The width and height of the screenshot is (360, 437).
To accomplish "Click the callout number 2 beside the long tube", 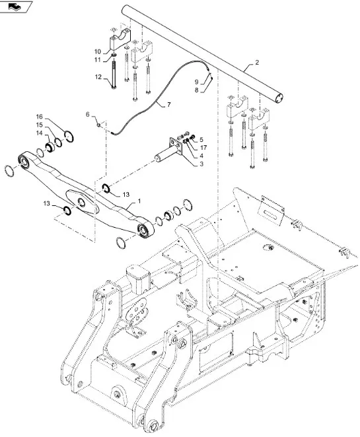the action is click(257, 62).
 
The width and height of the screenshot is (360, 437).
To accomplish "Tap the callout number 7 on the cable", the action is click(168, 105).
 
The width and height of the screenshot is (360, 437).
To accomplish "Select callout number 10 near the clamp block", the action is click(98, 51).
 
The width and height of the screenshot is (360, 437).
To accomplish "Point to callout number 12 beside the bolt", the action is click(98, 77).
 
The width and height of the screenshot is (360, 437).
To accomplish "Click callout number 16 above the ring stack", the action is click(40, 116).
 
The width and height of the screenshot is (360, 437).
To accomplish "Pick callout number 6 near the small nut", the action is click(88, 115).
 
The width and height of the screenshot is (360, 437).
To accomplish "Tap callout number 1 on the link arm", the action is click(139, 201).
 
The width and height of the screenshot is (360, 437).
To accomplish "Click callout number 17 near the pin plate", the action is click(203, 147).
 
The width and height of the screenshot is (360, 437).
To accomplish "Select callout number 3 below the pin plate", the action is click(201, 164).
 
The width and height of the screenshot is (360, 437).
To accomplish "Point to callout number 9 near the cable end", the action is click(197, 82).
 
